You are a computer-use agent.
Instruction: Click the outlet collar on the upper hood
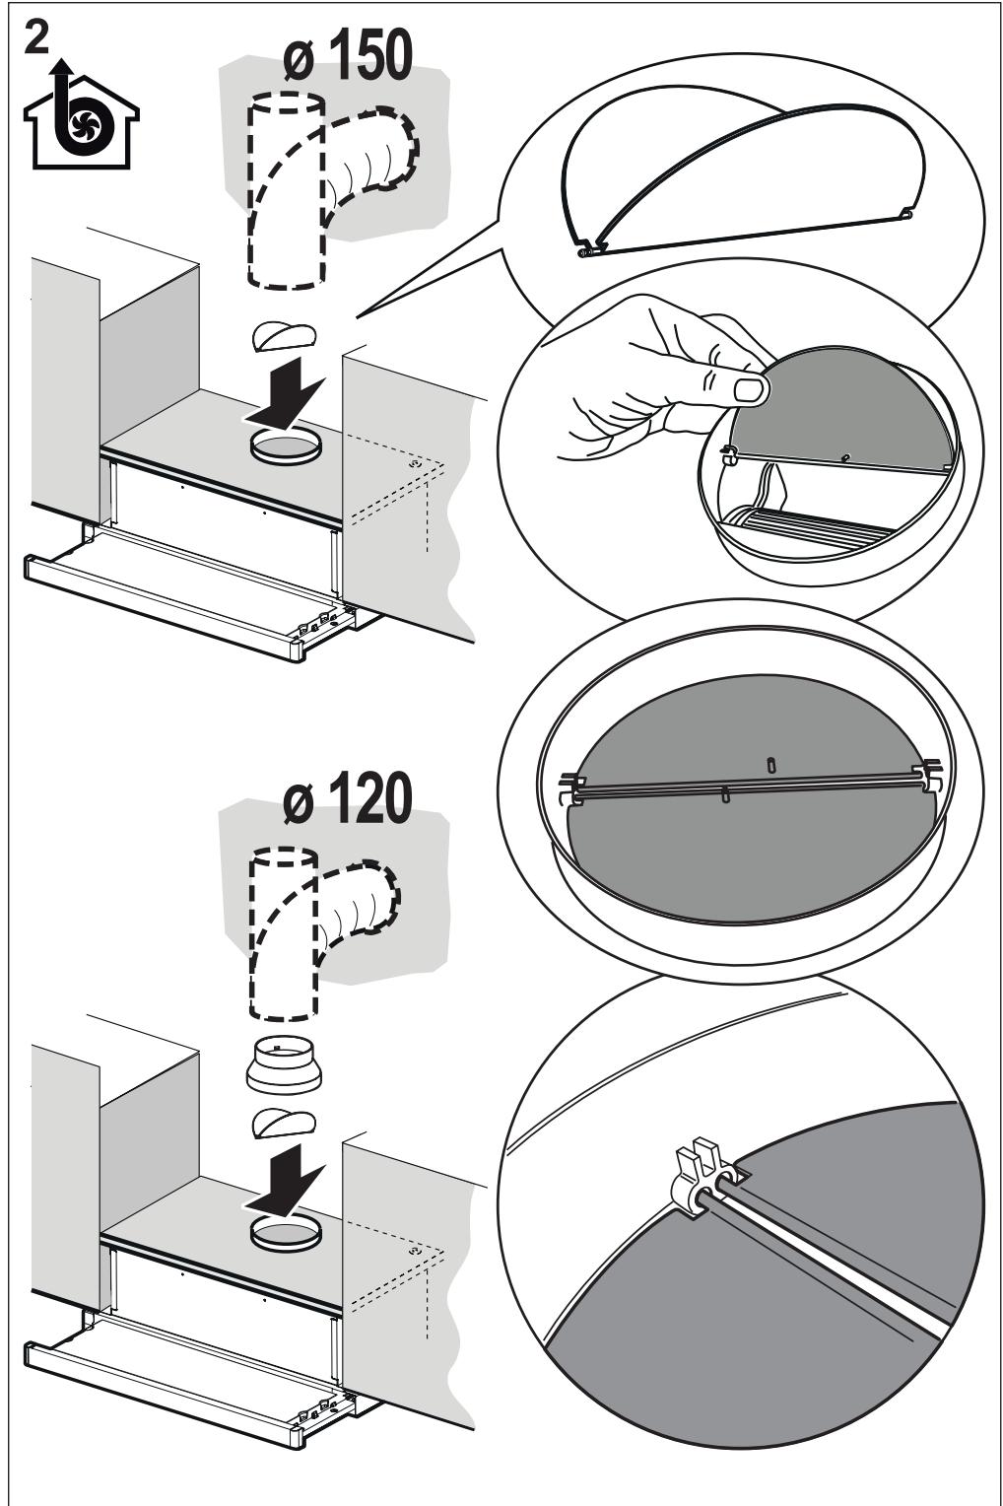pyautogui.click(x=285, y=447)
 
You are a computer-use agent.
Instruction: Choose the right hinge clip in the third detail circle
pyautogui.click(x=926, y=777)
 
